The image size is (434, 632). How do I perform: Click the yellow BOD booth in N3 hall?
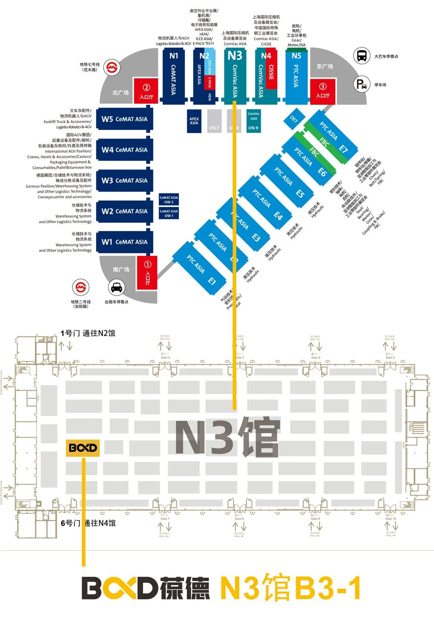coord(82,448)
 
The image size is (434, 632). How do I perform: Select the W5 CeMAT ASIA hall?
coord(125,119)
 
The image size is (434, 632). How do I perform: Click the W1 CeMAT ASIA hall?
coord(125,242)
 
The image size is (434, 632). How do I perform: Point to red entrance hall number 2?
coord(146,91)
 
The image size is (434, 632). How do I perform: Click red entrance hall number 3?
coord(322,91)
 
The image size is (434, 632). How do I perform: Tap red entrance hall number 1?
coord(147,273)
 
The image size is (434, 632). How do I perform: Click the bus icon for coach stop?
coord(361,56)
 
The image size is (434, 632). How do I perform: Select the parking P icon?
coord(361,84)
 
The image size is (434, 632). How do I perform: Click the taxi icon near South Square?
coord(117,287)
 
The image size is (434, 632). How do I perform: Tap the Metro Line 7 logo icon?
coord(112,67)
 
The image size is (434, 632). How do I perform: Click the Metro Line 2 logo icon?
coord(81,287)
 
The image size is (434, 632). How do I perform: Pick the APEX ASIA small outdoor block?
coord(194,121)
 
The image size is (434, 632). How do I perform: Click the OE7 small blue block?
coord(294,119)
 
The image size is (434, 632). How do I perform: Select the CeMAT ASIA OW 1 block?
coord(168,213)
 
